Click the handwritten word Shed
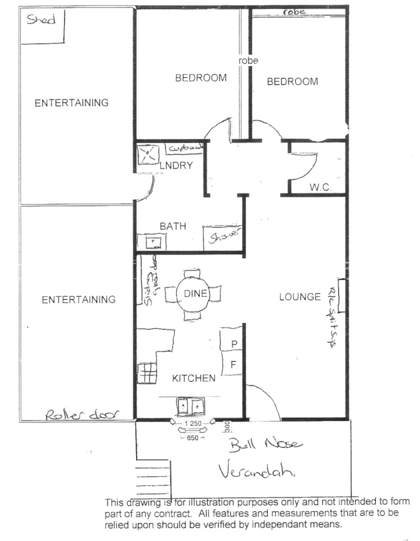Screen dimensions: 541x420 tap(41, 20)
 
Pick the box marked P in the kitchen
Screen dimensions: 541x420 tap(233, 343)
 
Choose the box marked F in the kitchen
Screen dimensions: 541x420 tap(233, 364)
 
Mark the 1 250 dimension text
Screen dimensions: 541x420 tap(192, 423)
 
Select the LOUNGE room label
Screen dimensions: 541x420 tap(299, 297)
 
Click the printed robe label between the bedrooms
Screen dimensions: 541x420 tap(249, 60)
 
